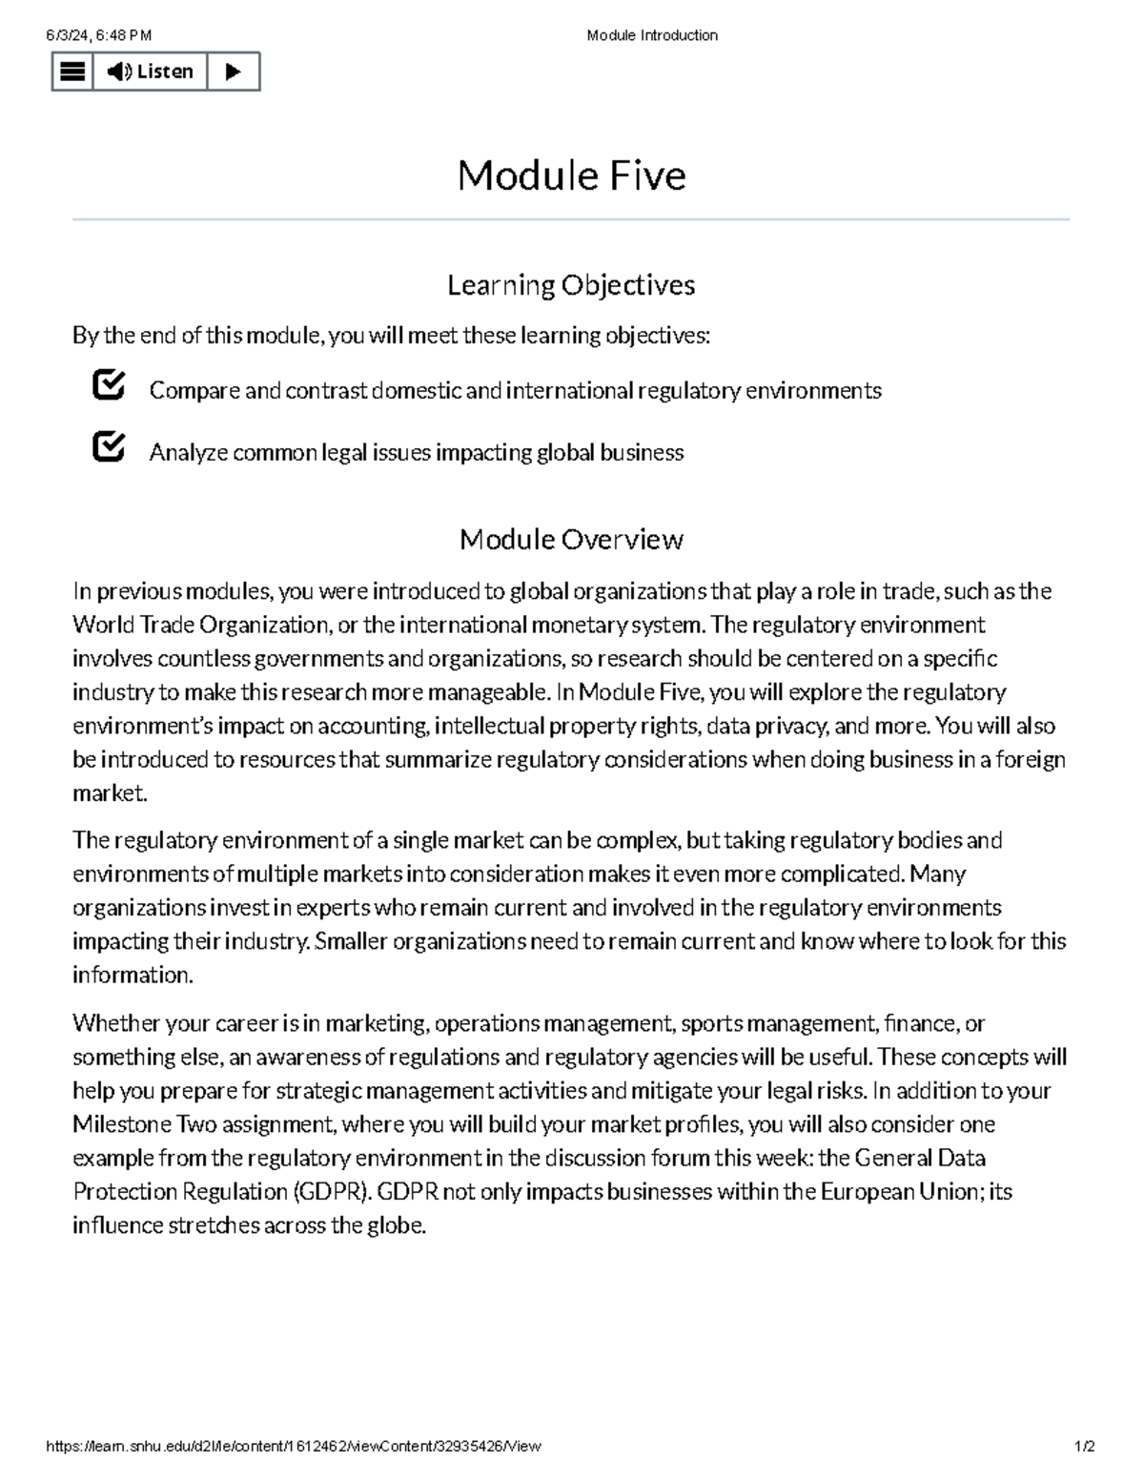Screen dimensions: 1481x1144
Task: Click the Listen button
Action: tap(150, 72)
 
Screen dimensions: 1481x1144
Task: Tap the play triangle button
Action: tap(233, 72)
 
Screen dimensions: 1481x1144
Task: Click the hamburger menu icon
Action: tap(72, 72)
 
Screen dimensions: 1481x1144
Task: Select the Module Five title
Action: tap(571, 175)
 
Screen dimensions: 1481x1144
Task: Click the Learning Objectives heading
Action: tap(571, 285)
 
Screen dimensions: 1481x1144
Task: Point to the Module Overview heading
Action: tap(571, 540)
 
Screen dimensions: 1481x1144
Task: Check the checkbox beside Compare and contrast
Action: tap(109, 386)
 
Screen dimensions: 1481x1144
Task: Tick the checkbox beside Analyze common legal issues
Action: tap(109, 447)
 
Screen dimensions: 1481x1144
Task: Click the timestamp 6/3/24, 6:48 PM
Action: tap(99, 35)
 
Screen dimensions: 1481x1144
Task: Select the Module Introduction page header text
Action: tap(652, 35)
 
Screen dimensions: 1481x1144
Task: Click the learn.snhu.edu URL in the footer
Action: tap(294, 1446)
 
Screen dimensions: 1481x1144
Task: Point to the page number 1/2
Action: tap(1085, 1446)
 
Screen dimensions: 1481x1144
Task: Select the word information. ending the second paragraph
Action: tap(133, 976)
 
